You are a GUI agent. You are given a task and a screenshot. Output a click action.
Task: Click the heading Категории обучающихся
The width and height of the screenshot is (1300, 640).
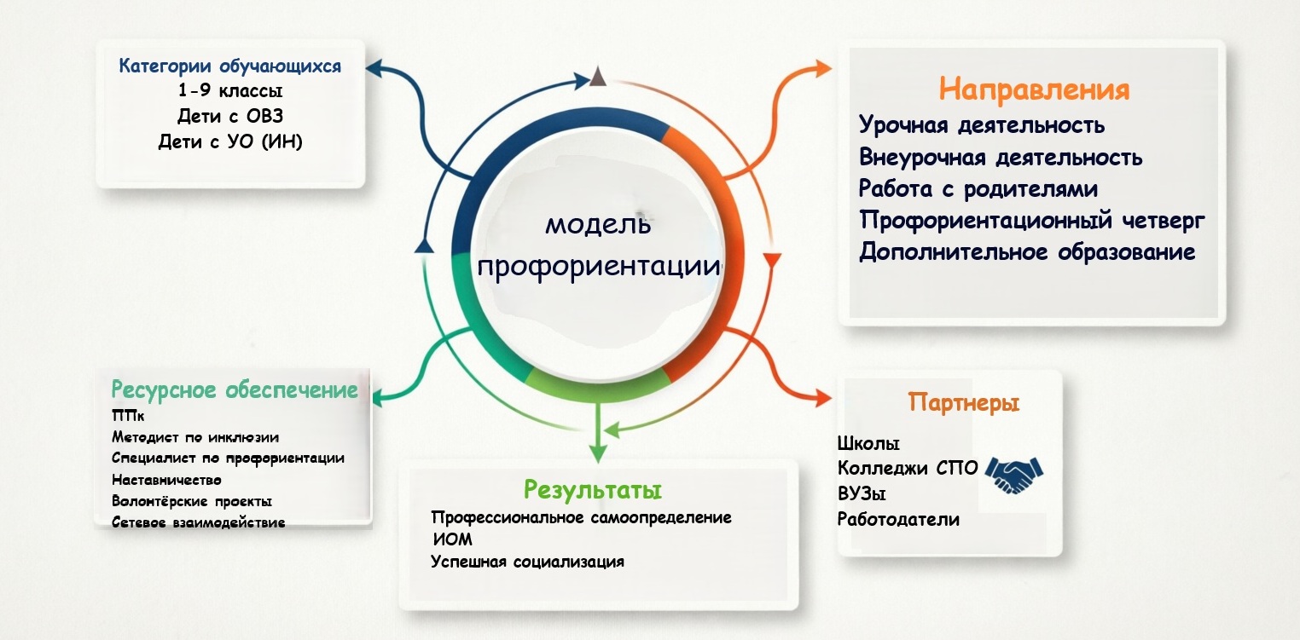coord(229,66)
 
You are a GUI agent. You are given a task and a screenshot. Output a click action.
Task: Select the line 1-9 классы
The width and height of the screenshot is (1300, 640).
coord(230,90)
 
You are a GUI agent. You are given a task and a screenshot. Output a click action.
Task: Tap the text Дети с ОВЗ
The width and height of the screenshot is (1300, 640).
coord(230,116)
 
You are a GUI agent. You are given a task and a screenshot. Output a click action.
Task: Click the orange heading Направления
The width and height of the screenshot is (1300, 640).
coord(1034,89)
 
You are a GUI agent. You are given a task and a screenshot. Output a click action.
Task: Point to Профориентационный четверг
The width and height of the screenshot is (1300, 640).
coord(1032,221)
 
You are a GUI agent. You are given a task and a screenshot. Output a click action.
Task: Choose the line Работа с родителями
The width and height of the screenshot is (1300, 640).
coord(978,189)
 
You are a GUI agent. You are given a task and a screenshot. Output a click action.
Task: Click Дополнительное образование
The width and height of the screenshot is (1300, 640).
coord(1027,252)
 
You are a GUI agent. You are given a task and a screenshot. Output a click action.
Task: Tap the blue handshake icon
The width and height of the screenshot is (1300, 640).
coord(1014,474)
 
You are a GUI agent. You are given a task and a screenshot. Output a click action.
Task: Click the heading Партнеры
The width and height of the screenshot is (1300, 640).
coord(963,401)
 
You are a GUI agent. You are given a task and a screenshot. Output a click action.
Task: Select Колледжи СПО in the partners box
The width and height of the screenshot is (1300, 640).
coord(908,468)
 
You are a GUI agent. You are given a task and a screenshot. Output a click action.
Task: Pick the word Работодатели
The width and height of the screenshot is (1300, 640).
coord(898,520)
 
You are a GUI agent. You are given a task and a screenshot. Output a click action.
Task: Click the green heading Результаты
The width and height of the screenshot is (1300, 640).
coord(593,490)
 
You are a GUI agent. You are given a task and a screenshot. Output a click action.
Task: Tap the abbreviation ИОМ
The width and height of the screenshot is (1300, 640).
coord(453,539)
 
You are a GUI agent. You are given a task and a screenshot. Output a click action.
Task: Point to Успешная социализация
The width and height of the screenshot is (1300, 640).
coord(527,562)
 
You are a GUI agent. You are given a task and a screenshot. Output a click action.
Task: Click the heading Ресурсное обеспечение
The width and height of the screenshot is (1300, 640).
coord(235,390)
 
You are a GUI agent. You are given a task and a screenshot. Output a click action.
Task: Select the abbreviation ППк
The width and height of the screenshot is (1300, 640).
coord(128,416)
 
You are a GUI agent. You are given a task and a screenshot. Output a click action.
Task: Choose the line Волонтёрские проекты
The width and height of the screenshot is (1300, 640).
coord(192,501)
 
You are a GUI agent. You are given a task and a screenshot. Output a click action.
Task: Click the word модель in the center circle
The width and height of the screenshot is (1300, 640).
coord(598,224)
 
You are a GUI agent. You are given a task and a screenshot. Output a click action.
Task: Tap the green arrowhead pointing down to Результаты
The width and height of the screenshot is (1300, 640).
coord(598,453)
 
